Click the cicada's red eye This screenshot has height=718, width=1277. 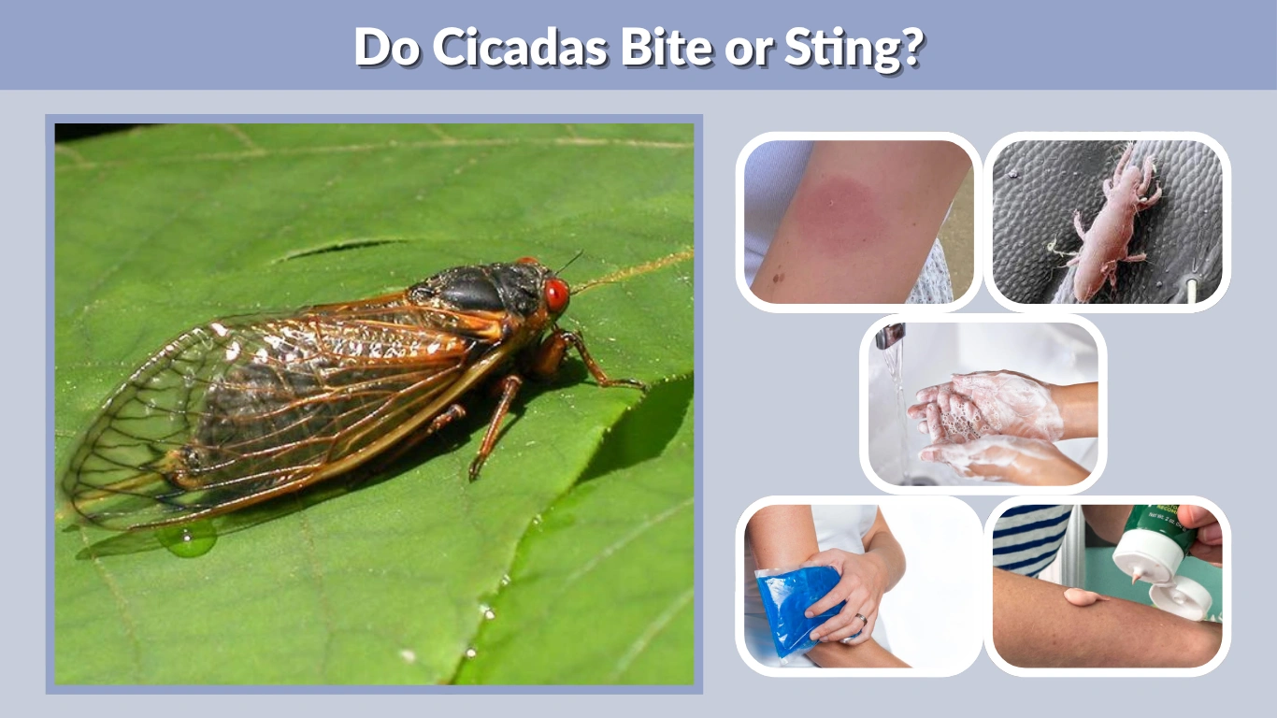tap(556, 294)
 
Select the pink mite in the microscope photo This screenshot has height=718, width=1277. tap(1112, 224)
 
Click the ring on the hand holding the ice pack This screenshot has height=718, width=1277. tap(861, 619)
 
